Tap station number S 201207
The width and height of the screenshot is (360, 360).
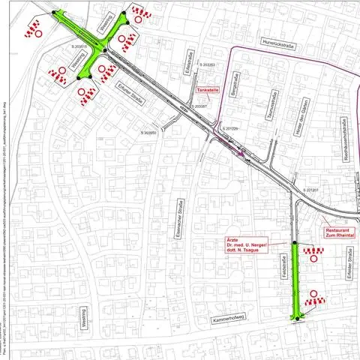(312, 190)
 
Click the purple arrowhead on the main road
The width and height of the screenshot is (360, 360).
(241, 153)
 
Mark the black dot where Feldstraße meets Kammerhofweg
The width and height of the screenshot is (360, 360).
(297, 319)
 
